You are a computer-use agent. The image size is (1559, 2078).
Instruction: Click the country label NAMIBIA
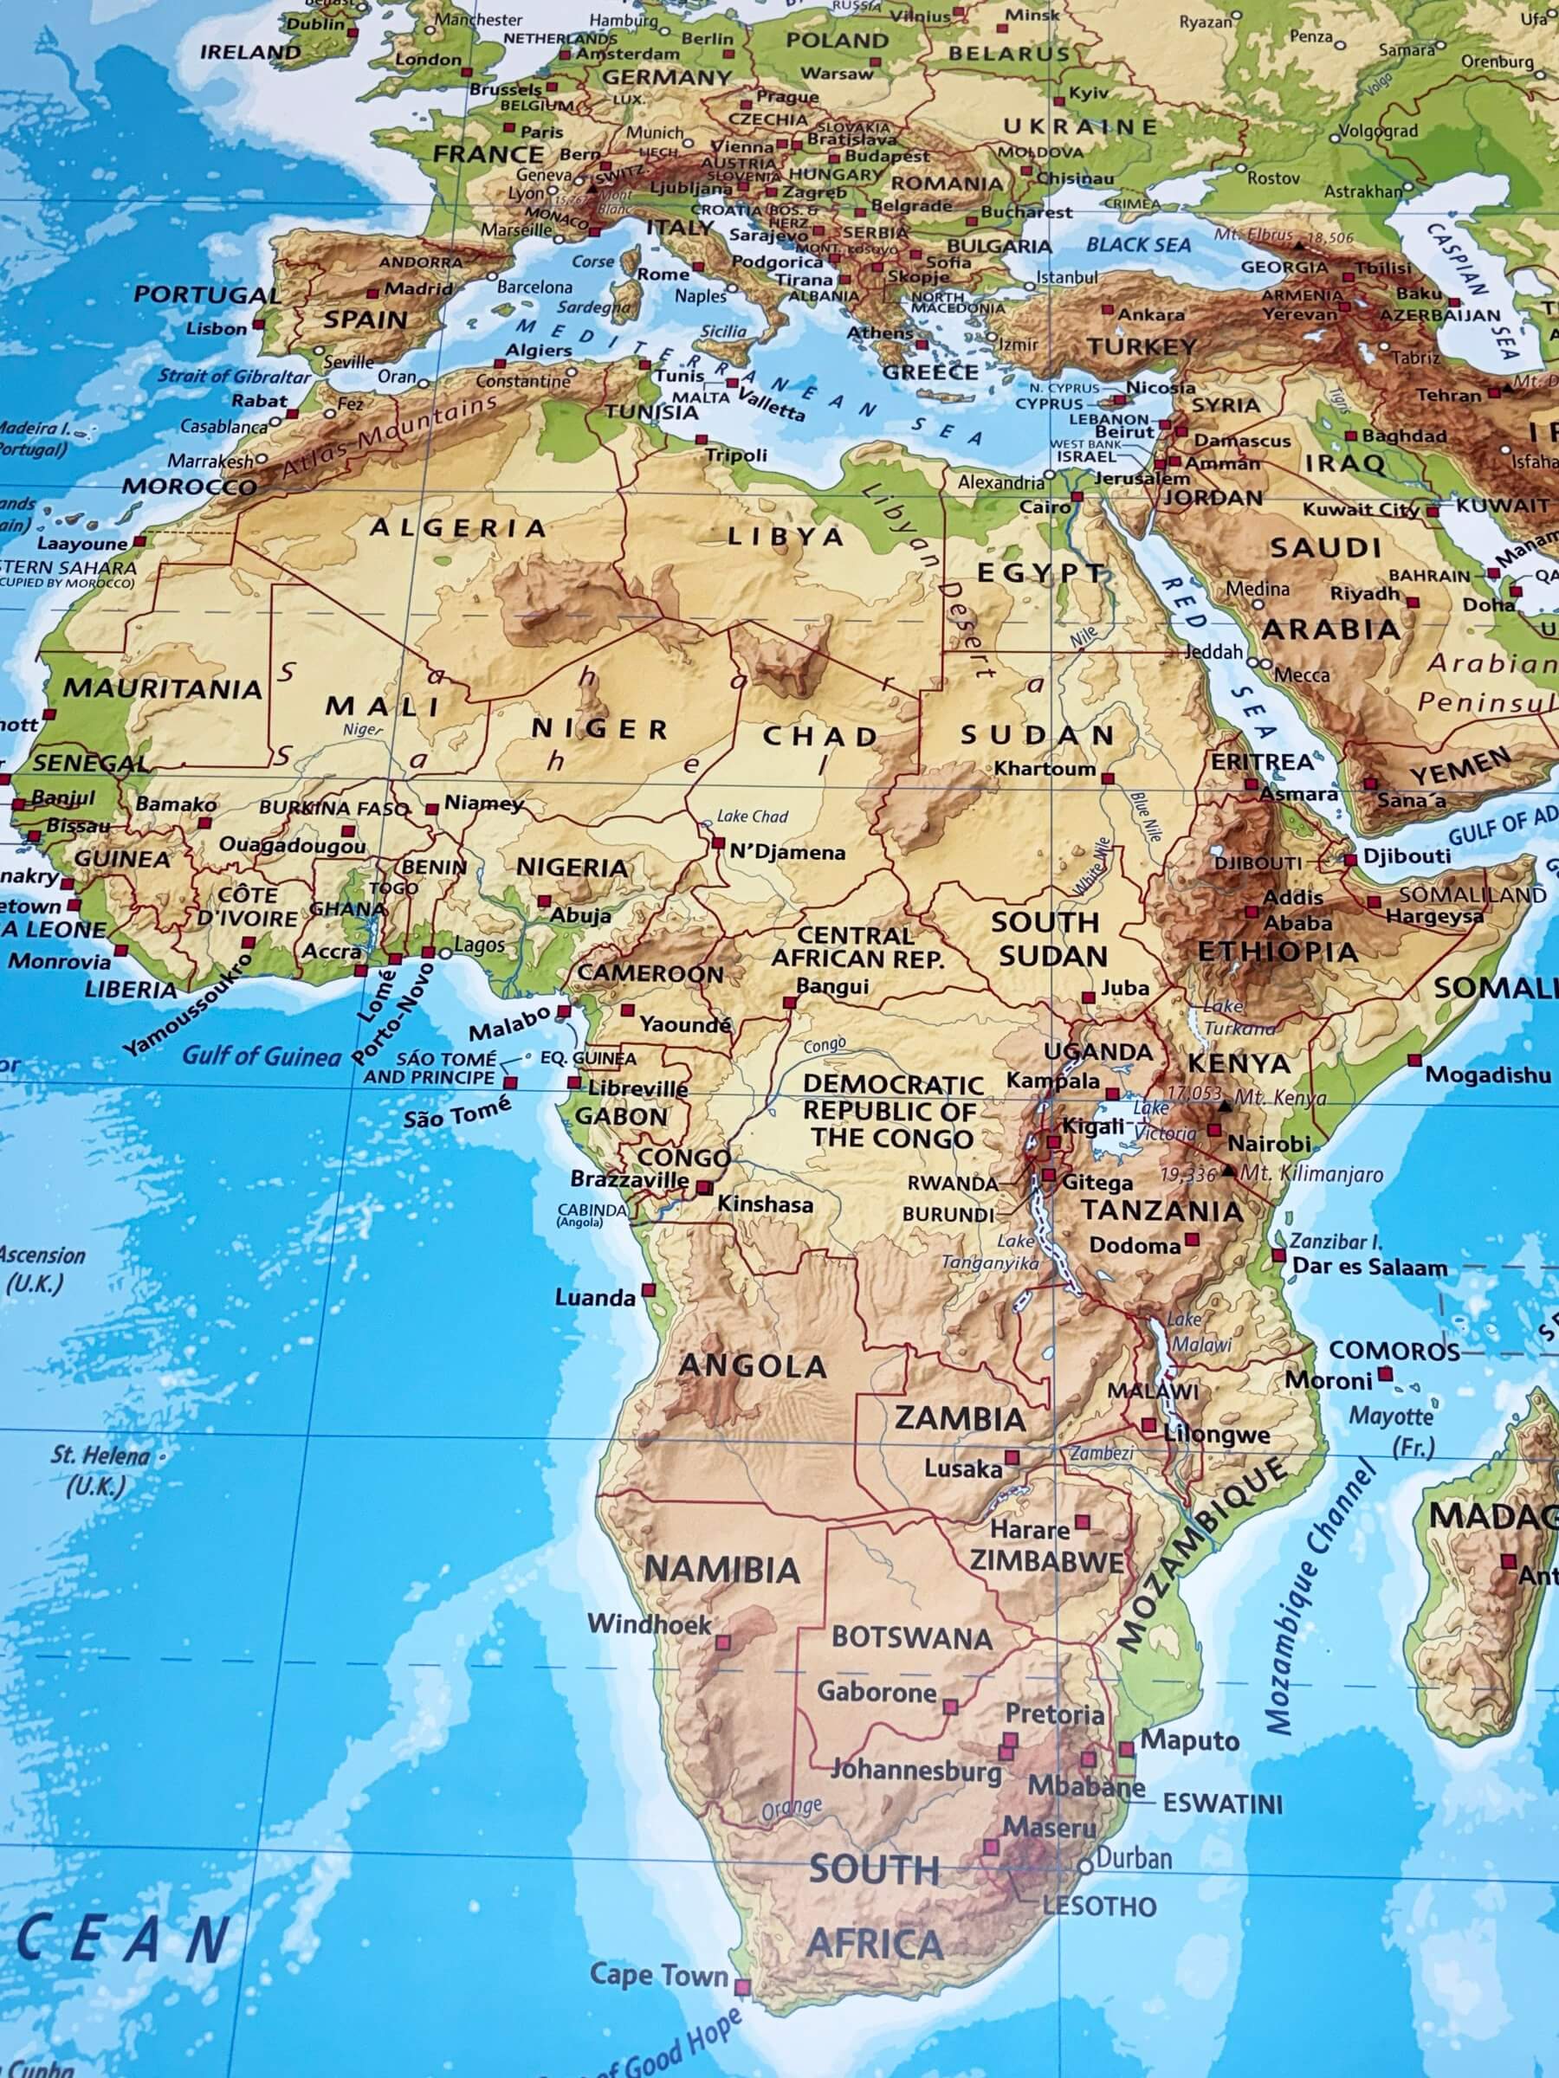click(721, 1570)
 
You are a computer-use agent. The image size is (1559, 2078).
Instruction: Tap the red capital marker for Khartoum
click(1108, 778)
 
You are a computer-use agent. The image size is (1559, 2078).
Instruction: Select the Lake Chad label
click(752, 816)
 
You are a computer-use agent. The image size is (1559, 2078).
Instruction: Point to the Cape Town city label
click(659, 1974)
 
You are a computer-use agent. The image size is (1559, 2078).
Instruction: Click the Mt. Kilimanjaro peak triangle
click(1228, 1171)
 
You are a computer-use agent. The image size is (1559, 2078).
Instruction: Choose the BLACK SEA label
click(1138, 245)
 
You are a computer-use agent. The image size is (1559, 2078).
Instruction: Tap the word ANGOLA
click(752, 1366)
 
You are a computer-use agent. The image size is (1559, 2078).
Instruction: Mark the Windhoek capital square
click(722, 1643)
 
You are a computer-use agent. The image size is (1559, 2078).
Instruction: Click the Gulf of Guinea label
click(261, 1056)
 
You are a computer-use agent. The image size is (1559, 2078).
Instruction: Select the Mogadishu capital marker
click(1414, 1060)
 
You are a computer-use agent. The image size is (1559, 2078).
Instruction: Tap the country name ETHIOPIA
click(1278, 952)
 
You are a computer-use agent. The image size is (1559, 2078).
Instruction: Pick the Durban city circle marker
click(1086, 1867)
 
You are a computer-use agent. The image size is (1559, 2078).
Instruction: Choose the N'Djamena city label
click(787, 853)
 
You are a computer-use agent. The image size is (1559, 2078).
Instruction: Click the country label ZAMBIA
click(960, 1417)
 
